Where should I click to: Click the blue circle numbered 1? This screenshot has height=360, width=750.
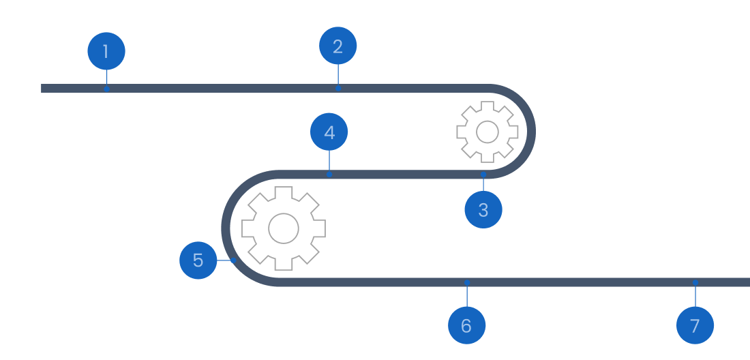[x=106, y=51]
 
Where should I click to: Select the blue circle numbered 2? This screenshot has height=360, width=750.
[x=338, y=46]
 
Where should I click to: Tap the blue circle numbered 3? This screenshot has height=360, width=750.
[x=483, y=209]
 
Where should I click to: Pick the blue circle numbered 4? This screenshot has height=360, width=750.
[x=329, y=132]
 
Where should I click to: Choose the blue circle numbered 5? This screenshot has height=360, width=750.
[x=198, y=260]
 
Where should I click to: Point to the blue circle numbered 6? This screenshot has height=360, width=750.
[x=466, y=325]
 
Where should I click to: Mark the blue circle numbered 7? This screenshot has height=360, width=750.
[x=695, y=325]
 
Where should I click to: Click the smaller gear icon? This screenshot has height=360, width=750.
[x=485, y=131]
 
